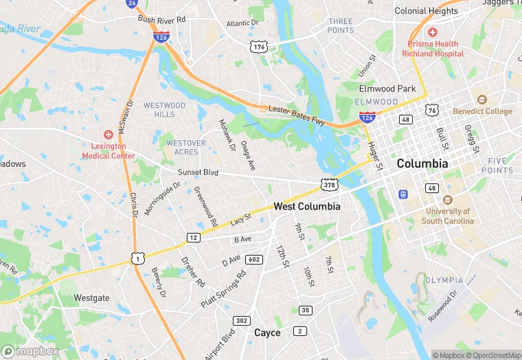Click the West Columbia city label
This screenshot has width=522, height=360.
[x=306, y=206]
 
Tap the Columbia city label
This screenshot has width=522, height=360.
[x=422, y=164]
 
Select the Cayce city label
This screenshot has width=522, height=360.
[x=267, y=333]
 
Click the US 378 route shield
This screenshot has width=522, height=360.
[x=328, y=184]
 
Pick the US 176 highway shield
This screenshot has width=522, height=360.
[x=259, y=47]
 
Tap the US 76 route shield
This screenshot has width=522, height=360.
[x=431, y=110]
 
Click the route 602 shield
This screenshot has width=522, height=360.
[x=254, y=259]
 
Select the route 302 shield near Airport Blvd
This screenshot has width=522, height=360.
[x=241, y=320]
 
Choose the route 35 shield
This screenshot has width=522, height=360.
[x=305, y=310]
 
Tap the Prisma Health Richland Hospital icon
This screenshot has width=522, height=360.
[x=432, y=32]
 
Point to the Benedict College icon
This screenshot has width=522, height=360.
[x=481, y=100]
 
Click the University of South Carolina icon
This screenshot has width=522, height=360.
[x=448, y=200]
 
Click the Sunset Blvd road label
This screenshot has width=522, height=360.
[x=198, y=172]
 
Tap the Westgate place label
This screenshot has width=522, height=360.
[x=91, y=298]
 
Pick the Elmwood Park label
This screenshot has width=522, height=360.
[x=387, y=89]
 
